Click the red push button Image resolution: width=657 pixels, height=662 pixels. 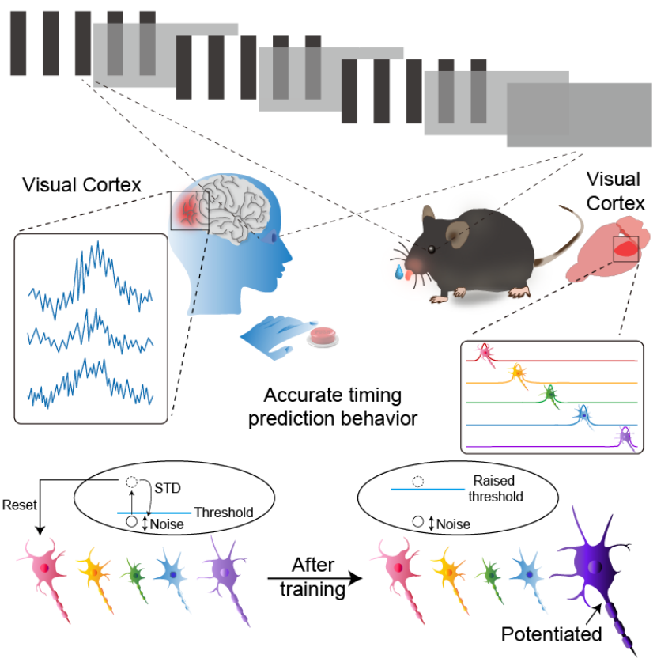click(x=323, y=335)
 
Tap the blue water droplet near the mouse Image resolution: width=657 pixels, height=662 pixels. click(x=398, y=272)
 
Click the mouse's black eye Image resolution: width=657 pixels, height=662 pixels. click(x=431, y=249)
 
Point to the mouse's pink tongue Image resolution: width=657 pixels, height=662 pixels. click(x=409, y=276)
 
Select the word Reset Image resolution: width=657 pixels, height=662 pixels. click(x=20, y=505)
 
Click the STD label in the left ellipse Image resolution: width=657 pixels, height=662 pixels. click(x=168, y=488)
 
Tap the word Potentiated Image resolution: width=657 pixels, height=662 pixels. click(x=551, y=634)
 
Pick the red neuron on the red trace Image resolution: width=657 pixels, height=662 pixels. click(x=486, y=354)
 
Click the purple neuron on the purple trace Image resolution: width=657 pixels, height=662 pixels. click(x=626, y=437)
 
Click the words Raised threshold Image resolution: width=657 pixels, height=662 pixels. click(x=496, y=489)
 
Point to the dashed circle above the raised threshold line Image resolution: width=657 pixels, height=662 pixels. click(x=417, y=482)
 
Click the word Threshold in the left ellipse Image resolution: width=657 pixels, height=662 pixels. click(x=224, y=513)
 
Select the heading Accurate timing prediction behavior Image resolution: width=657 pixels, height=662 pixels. click(x=333, y=407)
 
